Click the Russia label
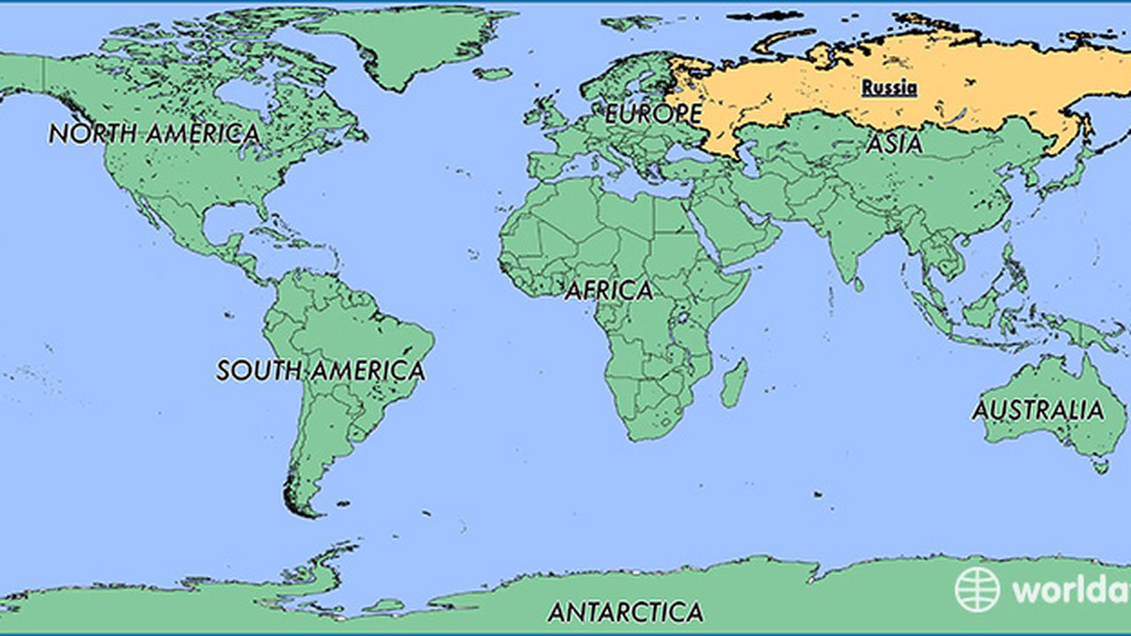(889, 87)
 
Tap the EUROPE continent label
(653, 114)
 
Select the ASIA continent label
(893, 144)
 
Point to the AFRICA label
(609, 291)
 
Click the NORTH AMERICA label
(154, 134)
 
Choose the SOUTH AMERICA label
(320, 370)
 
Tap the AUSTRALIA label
(1038, 410)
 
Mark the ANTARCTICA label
(625, 611)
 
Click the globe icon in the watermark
(977, 589)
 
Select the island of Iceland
(492, 73)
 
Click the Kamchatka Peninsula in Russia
(1085, 124)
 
